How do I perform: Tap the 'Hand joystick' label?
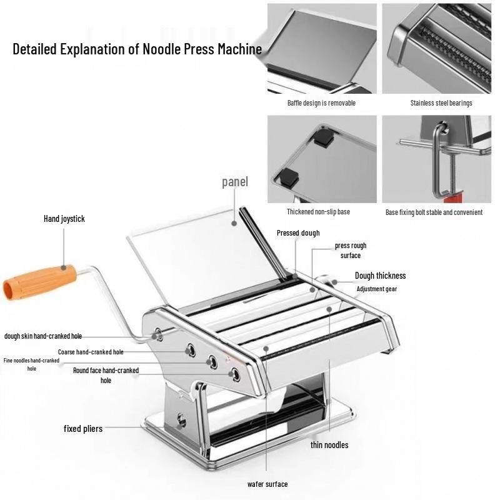coord(64,219)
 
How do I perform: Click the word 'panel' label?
coord(235,182)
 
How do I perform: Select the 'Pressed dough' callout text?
coord(298,233)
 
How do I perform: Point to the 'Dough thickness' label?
coord(380,276)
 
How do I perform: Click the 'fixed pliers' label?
coord(83,429)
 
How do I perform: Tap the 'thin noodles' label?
coord(329,445)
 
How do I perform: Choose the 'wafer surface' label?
coord(267,484)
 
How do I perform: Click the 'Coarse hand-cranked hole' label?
coord(91,352)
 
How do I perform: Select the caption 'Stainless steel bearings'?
coord(441,103)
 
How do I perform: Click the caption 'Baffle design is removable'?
coord(321,103)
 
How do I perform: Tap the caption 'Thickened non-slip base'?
coord(318,212)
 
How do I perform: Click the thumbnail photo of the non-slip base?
coord(322,158)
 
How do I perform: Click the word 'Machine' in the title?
coord(238,49)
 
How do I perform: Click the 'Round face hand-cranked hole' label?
coord(106,375)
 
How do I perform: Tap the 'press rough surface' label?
coord(350,251)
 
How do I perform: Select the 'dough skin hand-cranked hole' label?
coord(43,336)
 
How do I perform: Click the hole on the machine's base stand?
coord(182,419)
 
